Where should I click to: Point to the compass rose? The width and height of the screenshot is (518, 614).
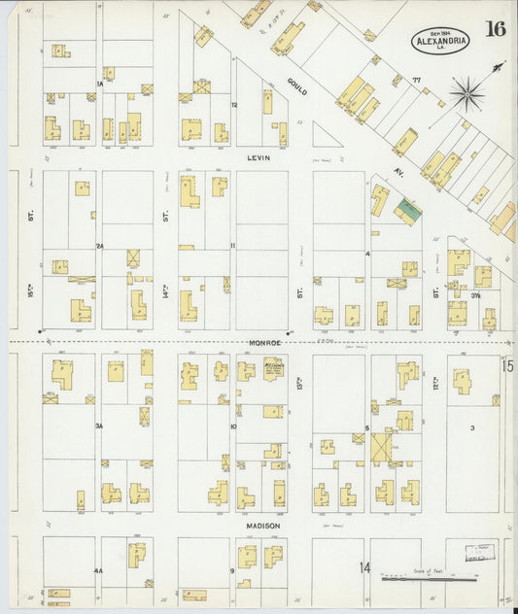click(467, 93)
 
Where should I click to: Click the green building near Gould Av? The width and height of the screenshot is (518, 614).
click(407, 207)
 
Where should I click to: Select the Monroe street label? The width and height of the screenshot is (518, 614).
click(263, 343)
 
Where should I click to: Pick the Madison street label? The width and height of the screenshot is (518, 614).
click(262, 526)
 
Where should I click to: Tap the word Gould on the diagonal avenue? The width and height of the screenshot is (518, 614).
click(297, 85)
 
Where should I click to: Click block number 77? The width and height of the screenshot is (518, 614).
click(417, 78)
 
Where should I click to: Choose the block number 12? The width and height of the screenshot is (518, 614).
click(233, 104)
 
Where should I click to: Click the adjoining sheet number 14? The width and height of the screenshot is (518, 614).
click(364, 567)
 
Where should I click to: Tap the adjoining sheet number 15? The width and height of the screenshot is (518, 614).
click(507, 365)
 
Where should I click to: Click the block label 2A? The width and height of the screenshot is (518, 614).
click(99, 246)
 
